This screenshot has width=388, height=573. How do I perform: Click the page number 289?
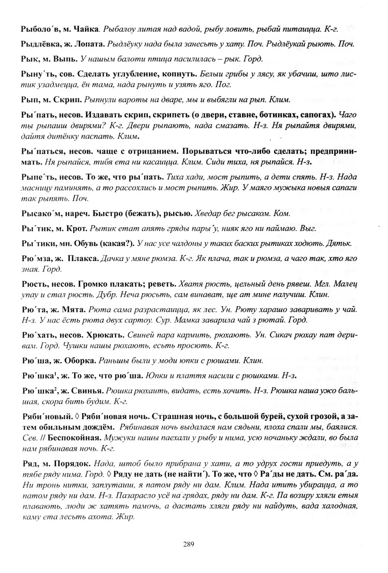(x=189, y=544)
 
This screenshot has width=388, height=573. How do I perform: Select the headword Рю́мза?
(x=37, y=258)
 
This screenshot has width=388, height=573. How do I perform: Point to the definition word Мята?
(x=74, y=310)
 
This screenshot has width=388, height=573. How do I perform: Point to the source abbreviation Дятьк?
(x=342, y=243)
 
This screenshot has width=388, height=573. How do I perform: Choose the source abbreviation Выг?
(x=308, y=228)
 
